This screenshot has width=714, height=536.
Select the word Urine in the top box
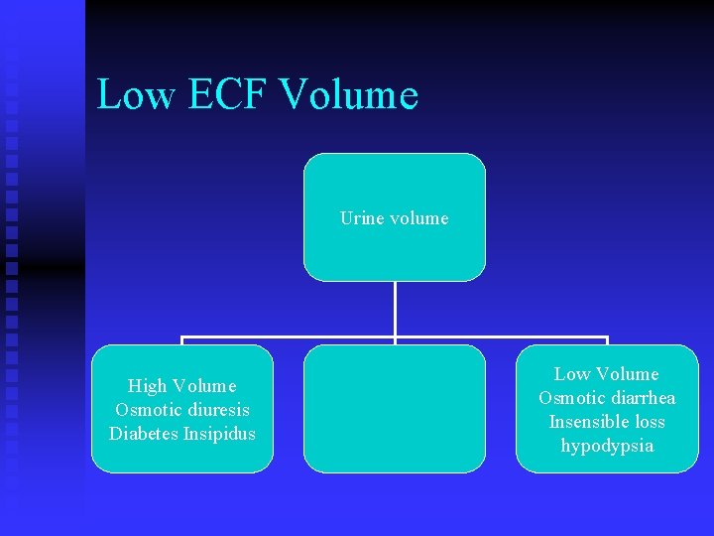coord(361,218)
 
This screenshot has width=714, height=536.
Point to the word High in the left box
coord(148,386)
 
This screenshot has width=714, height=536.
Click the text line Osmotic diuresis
coord(182,410)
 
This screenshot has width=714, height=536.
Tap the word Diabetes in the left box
coord(144,434)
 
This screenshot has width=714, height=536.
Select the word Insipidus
coord(219,434)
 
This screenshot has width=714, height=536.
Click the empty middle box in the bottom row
coord(394,409)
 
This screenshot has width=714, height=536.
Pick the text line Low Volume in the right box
coord(606,374)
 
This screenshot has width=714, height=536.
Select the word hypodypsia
coord(607,446)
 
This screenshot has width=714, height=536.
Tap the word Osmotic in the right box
coord(569,398)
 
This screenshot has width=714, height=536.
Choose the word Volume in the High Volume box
coord(204,386)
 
